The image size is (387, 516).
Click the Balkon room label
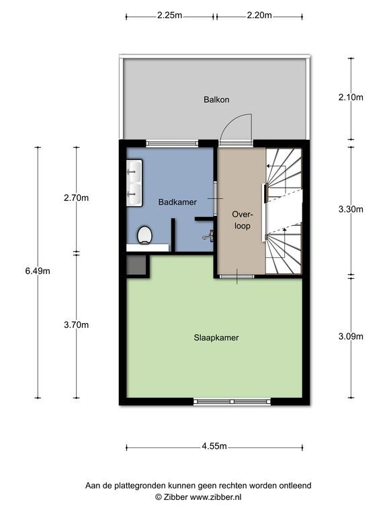click(216, 99)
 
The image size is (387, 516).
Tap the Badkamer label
click(177, 202)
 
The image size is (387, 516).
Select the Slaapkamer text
click(216, 338)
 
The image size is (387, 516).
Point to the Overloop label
click(242, 220)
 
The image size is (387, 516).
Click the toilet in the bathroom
click(144, 235)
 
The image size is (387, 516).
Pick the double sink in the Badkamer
click(134, 183)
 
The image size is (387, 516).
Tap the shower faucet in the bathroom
click(209, 236)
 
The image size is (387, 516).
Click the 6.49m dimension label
click(38, 271)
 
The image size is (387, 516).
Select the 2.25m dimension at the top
click(169, 15)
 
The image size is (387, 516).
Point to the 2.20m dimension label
click(259, 15)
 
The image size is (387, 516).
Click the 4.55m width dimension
click(214, 447)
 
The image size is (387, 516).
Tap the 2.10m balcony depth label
click(351, 97)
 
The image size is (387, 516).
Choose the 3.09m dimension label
click(351, 337)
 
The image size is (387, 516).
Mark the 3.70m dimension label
click(77, 325)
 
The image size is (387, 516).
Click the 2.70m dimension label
click(77, 198)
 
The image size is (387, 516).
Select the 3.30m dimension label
click(351, 210)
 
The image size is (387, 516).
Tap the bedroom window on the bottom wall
click(232, 402)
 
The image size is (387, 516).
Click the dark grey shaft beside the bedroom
click(136, 265)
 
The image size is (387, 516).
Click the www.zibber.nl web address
click(216, 497)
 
